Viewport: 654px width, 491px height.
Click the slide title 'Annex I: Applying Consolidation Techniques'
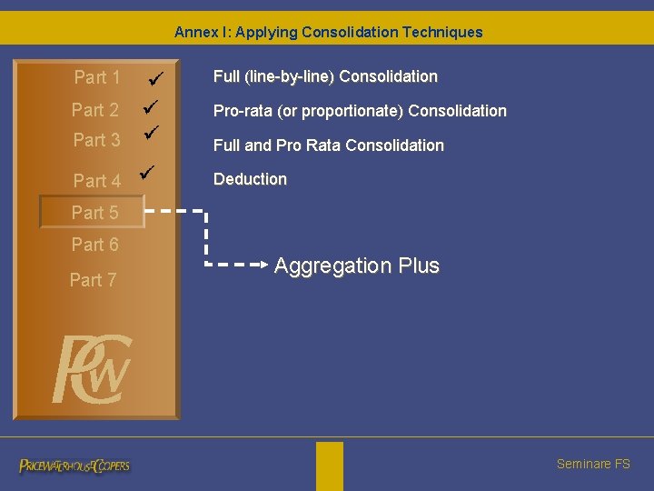(x=328, y=33)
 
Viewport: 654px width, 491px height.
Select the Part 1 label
(x=97, y=78)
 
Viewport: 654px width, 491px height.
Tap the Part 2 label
(x=95, y=111)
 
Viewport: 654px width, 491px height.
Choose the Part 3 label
(x=96, y=140)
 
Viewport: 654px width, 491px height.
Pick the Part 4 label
(x=97, y=181)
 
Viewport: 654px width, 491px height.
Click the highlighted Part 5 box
(x=91, y=213)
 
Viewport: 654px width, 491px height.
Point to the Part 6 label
(x=95, y=245)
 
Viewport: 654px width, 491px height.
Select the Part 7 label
(x=94, y=280)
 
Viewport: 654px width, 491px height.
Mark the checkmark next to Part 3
(x=153, y=132)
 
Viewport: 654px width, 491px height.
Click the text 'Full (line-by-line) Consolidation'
(x=325, y=77)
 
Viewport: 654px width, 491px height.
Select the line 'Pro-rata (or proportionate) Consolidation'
(x=360, y=111)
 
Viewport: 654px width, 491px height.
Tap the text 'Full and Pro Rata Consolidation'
(x=329, y=145)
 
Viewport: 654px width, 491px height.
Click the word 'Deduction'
(x=250, y=179)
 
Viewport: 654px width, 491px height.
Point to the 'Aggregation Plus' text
(x=357, y=266)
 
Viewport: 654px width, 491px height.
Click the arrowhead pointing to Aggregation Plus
(x=265, y=266)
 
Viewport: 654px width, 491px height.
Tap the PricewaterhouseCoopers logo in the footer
(x=74, y=466)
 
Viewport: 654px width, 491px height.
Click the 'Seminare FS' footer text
(x=593, y=464)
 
